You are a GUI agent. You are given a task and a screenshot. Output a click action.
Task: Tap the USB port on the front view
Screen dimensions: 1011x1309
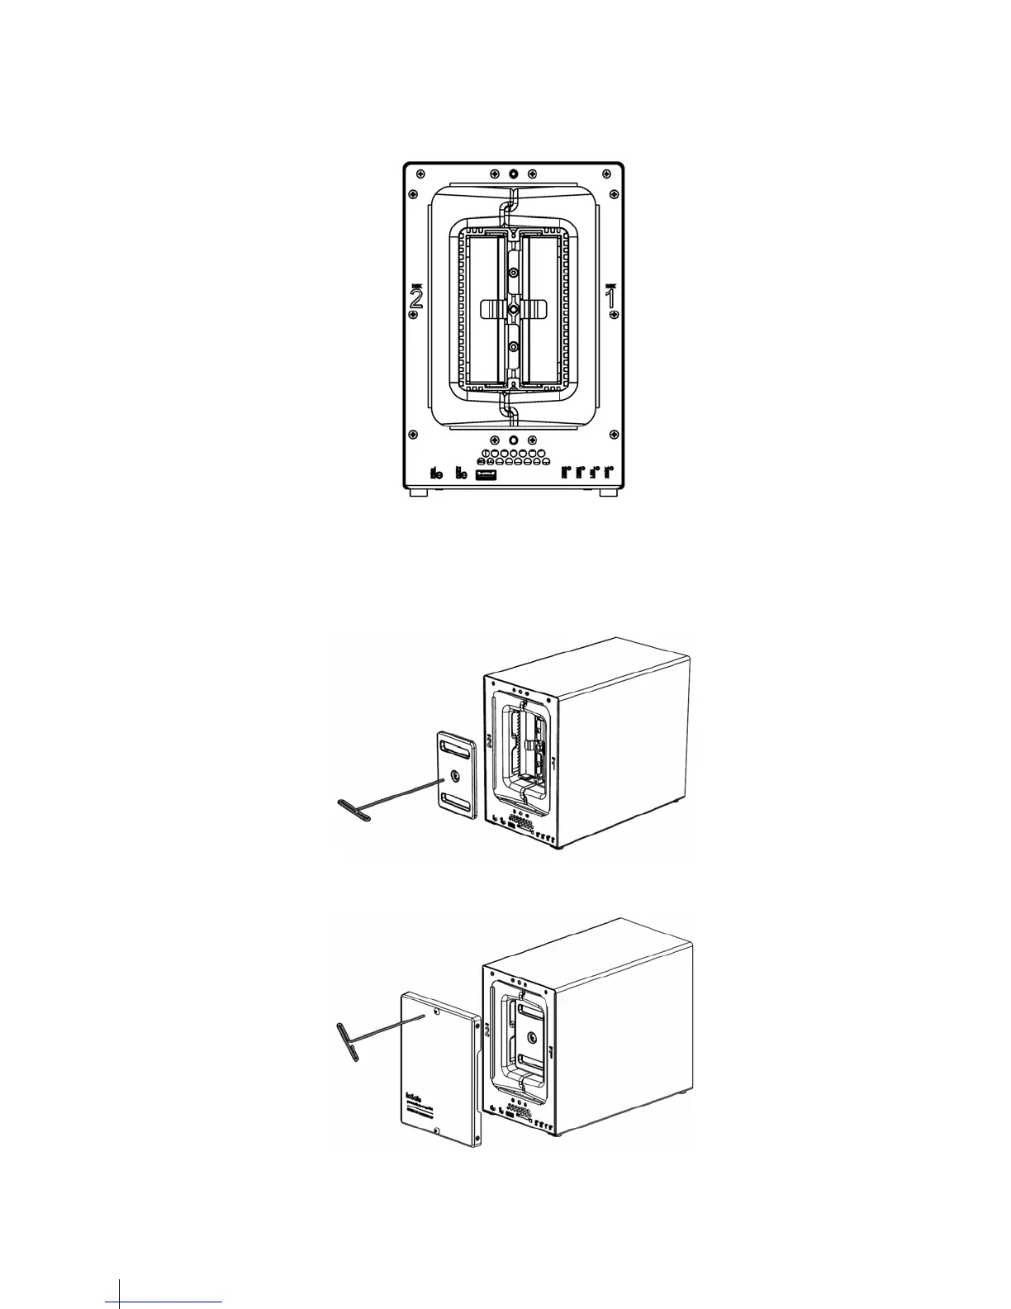[484, 474]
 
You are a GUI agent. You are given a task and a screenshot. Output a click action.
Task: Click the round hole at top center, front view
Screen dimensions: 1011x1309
[514, 174]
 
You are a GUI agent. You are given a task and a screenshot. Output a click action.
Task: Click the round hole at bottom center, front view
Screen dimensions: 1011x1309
[514, 440]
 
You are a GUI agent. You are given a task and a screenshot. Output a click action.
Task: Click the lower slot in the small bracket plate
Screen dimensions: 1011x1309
[457, 801]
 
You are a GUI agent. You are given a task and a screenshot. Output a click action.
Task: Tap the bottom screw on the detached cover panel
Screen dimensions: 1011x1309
[437, 1134]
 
